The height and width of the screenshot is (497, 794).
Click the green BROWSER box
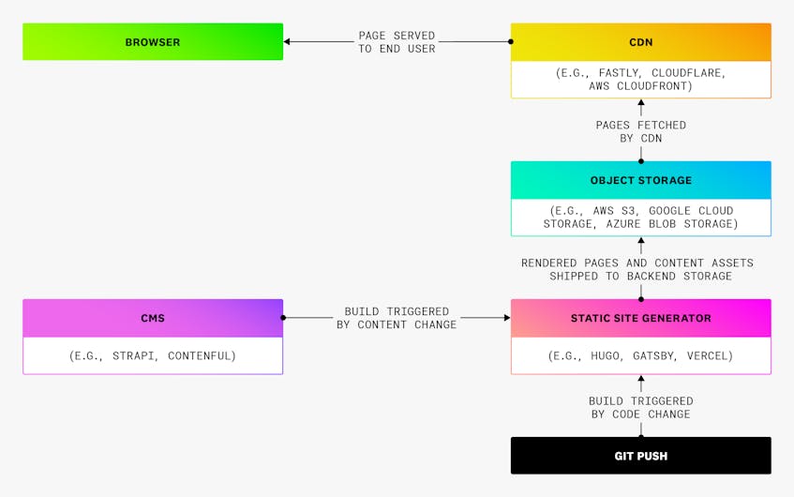tap(153, 41)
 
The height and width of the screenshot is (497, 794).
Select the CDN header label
tap(640, 42)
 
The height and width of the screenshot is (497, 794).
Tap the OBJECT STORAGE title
tap(640, 180)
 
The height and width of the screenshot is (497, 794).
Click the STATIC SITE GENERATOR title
tap(640, 318)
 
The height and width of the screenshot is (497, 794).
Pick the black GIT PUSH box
tap(640, 456)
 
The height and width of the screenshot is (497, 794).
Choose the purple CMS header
tap(153, 318)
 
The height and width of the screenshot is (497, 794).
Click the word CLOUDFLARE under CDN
tap(689, 73)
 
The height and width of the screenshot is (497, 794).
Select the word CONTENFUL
tap(202, 355)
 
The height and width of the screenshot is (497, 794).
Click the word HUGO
tap(607, 355)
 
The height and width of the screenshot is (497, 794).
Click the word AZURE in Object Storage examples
tap(623, 224)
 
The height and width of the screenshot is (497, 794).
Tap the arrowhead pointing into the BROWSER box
tap(287, 41)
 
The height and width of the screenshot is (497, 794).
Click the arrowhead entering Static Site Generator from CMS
tap(507, 318)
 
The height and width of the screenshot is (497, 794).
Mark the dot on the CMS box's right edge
tap(283, 318)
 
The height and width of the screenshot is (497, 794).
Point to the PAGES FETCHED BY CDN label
tap(640, 131)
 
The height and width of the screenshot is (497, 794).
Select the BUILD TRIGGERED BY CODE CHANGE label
tap(640, 407)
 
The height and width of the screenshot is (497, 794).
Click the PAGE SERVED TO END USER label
tap(397, 42)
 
